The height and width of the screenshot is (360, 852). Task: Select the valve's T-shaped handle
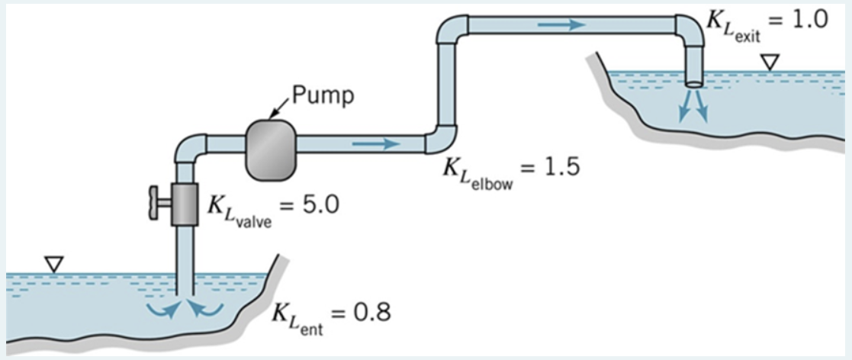click(x=156, y=204)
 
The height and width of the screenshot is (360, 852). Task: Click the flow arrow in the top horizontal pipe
click(x=561, y=25)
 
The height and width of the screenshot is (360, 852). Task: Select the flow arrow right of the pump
click(x=375, y=143)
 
